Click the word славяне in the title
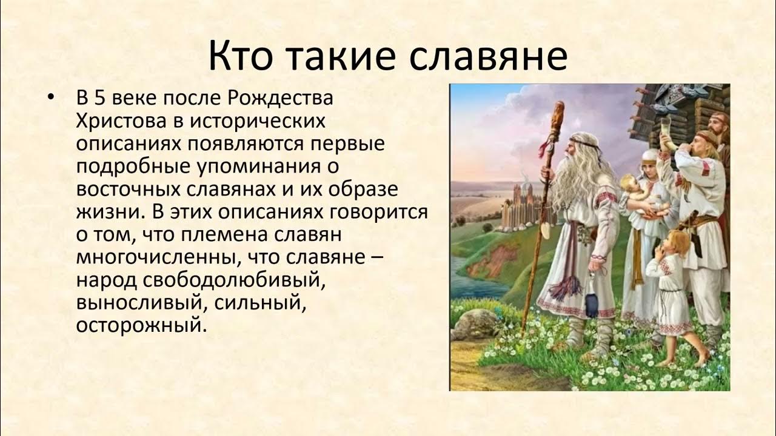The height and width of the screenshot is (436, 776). pos(489,55)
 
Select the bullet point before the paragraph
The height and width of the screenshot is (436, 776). pos(52,98)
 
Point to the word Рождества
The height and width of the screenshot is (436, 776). pos(280,99)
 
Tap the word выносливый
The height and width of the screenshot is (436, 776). pos(139,303)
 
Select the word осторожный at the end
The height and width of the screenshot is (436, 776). pos(142,326)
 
